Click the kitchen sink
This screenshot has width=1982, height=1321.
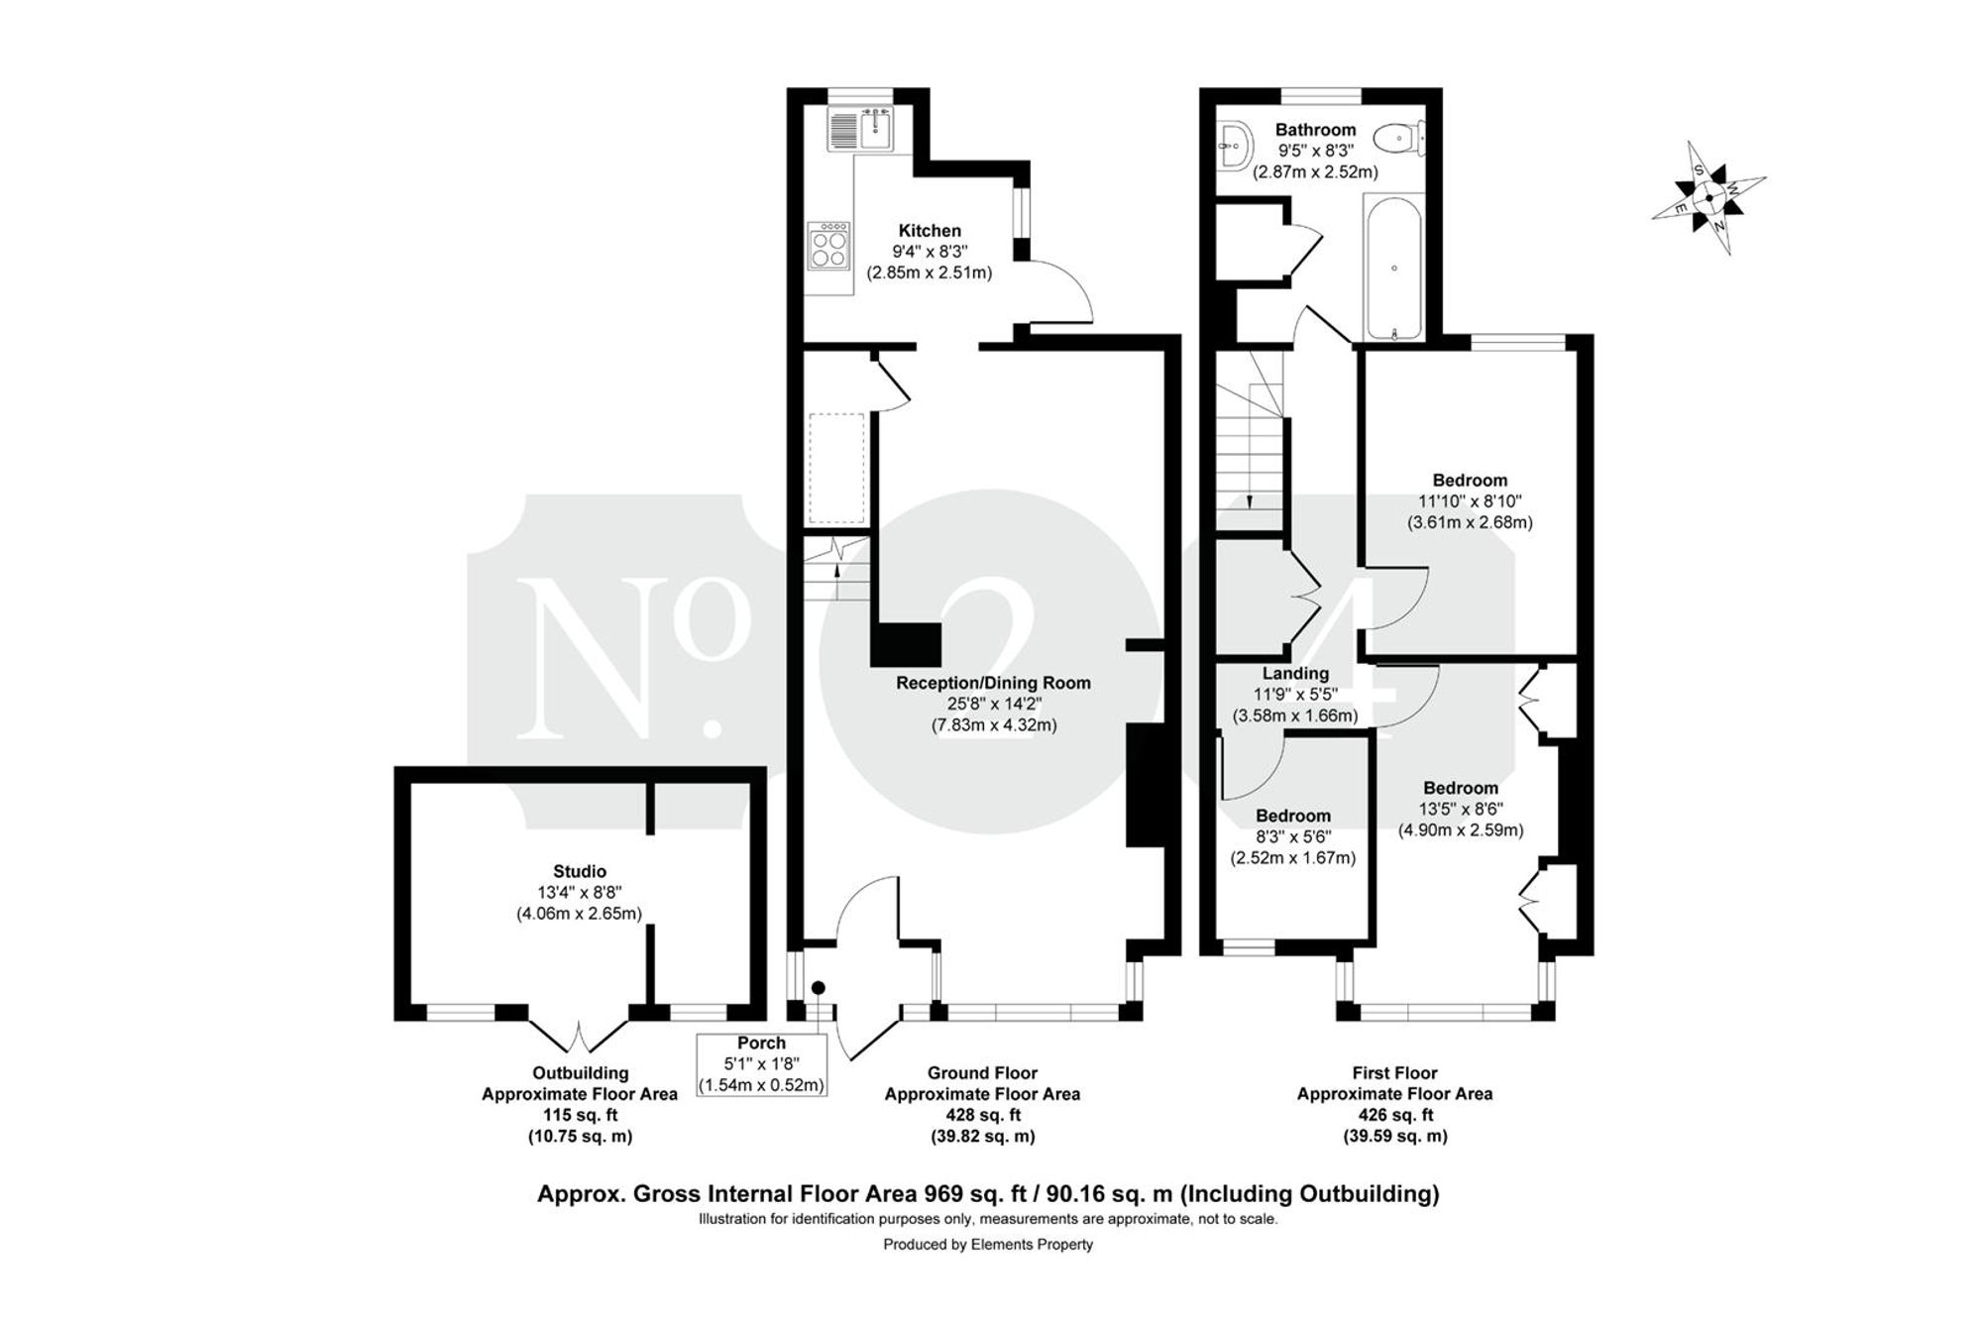pyautogui.click(x=861, y=129)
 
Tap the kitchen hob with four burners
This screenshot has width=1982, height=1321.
pyautogui.click(x=830, y=245)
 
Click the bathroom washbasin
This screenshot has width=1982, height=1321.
pyautogui.click(x=1233, y=147)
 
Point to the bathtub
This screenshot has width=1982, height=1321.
pyautogui.click(x=1394, y=268)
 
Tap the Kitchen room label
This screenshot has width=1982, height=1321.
pyautogui.click(x=930, y=231)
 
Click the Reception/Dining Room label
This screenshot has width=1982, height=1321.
pyautogui.click(x=993, y=683)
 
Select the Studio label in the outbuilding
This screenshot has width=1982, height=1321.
pyautogui.click(x=580, y=872)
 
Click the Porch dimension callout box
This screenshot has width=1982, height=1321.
pyautogui.click(x=761, y=1064)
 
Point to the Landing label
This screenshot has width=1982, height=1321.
pyautogui.click(x=1295, y=674)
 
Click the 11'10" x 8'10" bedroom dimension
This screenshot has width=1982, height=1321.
pyautogui.click(x=1470, y=501)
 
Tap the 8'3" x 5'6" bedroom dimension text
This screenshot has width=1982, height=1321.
pyautogui.click(x=1293, y=837)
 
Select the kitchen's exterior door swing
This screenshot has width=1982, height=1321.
pyautogui.click(x=1058, y=292)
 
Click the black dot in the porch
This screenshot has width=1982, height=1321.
pyautogui.click(x=819, y=987)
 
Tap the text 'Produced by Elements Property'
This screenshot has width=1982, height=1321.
pyautogui.click(x=988, y=1245)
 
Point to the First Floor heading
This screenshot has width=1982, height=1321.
pyautogui.click(x=1394, y=1072)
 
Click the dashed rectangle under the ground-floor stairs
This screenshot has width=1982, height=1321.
pyautogui.click(x=838, y=469)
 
